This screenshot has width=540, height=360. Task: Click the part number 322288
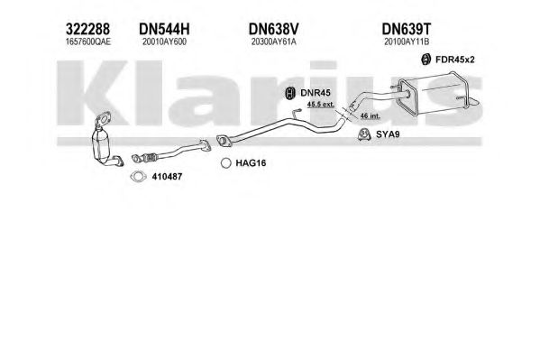pyautogui.click(x=87, y=29)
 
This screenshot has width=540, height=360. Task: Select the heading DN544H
pyautogui.click(x=164, y=29)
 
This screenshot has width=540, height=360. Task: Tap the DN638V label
pyautogui.click(x=274, y=29)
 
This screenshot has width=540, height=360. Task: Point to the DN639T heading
pyautogui.click(x=407, y=29)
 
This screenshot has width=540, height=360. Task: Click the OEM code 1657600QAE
pyautogui.click(x=88, y=42)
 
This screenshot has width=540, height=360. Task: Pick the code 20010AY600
pyautogui.click(x=165, y=42)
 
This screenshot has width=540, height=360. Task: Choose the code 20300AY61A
pyautogui.click(x=274, y=42)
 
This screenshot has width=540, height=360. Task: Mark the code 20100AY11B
pyautogui.click(x=407, y=42)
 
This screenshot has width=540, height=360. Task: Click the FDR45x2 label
pyautogui.click(x=455, y=60)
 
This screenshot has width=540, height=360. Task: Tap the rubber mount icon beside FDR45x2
pyautogui.click(x=426, y=60)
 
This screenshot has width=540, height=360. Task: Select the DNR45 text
pyautogui.click(x=316, y=93)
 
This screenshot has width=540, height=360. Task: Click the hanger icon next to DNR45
pyautogui.click(x=290, y=93)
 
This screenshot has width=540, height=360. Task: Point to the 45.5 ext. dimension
pyautogui.click(x=321, y=104)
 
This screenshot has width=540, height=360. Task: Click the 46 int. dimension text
pyautogui.click(x=371, y=115)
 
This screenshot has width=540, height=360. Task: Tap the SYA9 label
pyautogui.click(x=388, y=134)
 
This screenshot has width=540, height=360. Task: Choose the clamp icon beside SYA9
pyautogui.click(x=364, y=134)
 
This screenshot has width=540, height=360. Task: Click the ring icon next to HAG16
pyautogui.click(x=226, y=163)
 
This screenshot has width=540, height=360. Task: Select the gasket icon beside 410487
pyautogui.click(x=138, y=177)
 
